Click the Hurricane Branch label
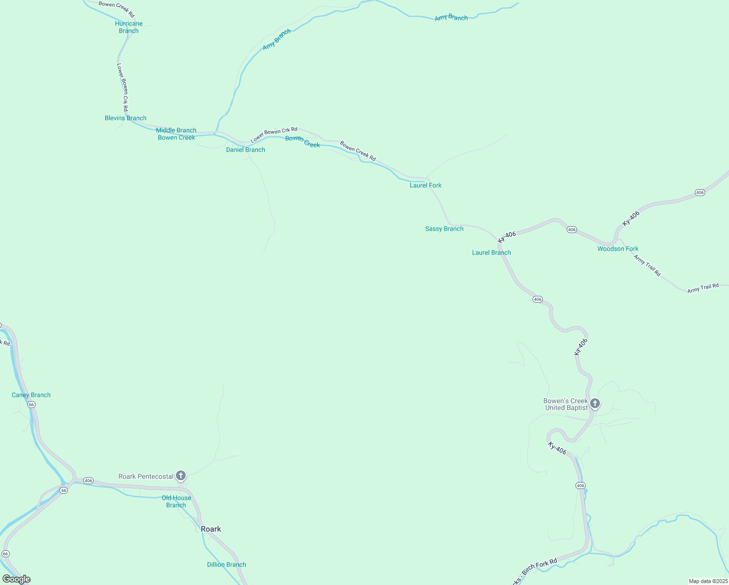129,27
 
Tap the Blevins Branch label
126,118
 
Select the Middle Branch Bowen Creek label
176,134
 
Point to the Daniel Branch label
246,150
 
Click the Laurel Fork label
425,185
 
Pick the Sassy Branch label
444,229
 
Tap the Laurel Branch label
492,253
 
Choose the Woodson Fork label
618,249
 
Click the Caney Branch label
31,395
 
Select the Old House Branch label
176,502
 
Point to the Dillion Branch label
227,565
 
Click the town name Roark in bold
211,529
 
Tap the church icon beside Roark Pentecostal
181,476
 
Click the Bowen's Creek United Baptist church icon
595,404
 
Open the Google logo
17,579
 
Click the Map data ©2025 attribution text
708,581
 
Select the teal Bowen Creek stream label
303,141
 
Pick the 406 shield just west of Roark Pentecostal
88,481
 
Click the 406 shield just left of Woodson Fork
572,230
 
